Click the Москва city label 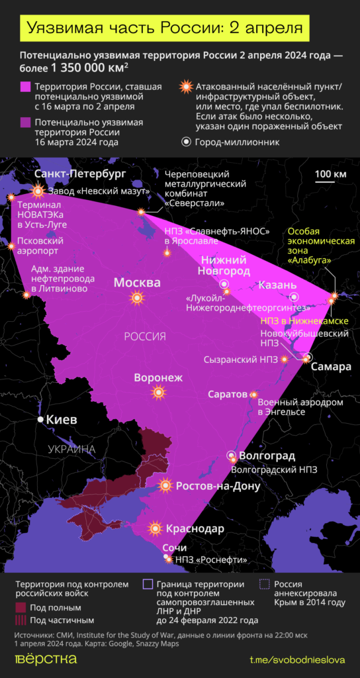[137, 283]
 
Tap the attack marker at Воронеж [158, 393]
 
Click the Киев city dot [41, 420]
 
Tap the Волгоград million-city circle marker [232, 456]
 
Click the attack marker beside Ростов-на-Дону [165, 486]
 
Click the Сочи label [174, 548]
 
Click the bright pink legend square [26, 87]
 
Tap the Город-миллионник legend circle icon [187, 142]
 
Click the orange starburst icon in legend [187, 87]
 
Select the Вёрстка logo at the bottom [46, 659]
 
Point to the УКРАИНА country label [72, 450]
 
